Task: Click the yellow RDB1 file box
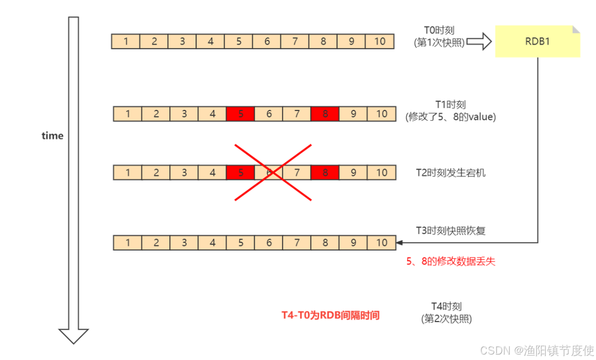coord(537,41)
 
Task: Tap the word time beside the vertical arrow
coord(52,136)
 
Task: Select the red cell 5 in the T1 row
coord(241,114)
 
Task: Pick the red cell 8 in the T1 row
coord(325,114)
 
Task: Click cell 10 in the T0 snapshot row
coord(380,41)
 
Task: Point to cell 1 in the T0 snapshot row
coord(126,41)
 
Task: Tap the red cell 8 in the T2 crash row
coord(325,173)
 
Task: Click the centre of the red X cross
coord(273,172)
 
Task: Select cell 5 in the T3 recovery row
coord(241,243)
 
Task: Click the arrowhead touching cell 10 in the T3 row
coord(399,243)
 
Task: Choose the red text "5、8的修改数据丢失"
coord(450,262)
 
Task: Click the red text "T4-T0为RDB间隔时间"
coord(331,315)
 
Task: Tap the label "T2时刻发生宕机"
coord(451,173)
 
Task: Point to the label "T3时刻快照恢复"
coord(451,230)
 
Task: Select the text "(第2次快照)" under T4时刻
coord(447,319)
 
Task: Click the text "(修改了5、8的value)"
coord(450,117)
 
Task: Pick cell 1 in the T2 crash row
coord(128,173)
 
